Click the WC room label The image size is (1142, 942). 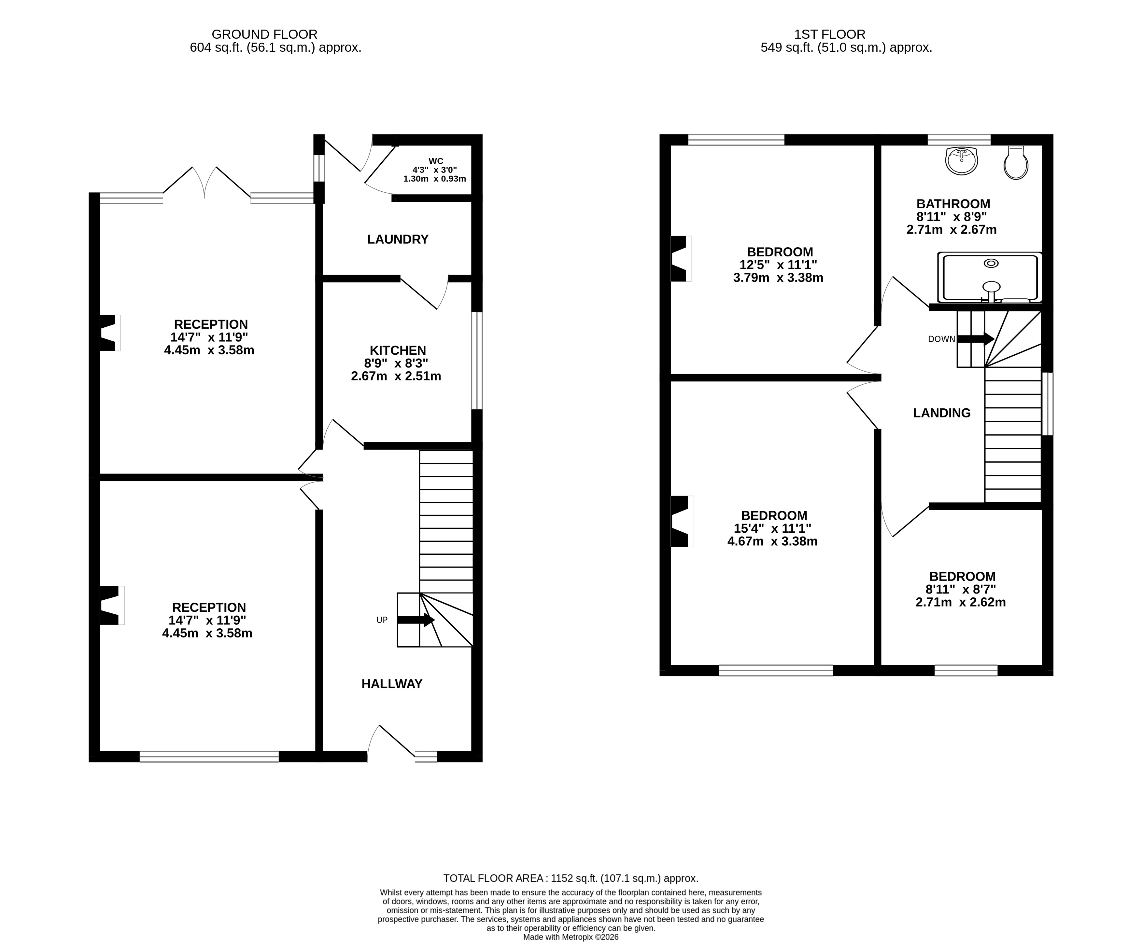coord(435,161)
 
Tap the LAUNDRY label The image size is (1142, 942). coord(398,239)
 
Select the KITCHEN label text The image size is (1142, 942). coord(398,350)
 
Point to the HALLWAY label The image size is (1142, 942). coord(391,684)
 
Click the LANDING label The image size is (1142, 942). coord(942,413)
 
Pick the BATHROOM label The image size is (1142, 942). coord(953,204)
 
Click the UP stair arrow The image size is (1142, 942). coord(416,620)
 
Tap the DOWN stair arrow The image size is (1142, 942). coord(975,339)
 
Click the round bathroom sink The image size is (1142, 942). coord(961,161)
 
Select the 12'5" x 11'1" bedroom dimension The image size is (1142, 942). coord(778,265)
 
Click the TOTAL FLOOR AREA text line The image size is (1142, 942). coord(571,878)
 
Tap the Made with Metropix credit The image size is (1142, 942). coord(571,936)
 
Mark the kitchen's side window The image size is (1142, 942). coord(476,360)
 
